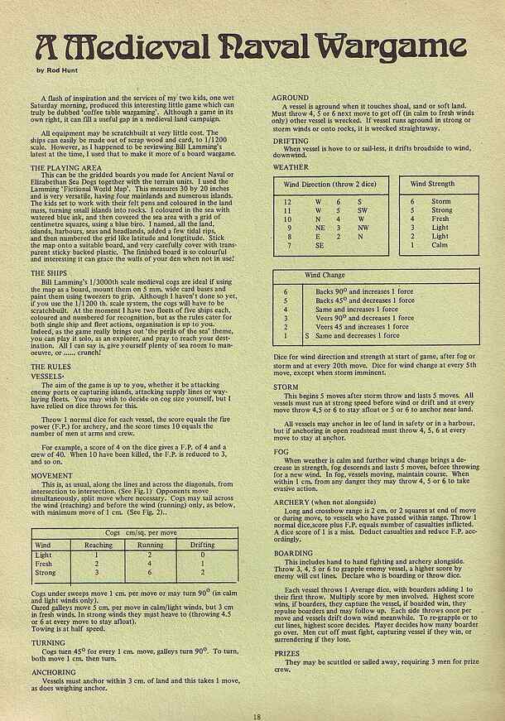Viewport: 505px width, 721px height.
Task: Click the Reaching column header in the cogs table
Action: [99, 546]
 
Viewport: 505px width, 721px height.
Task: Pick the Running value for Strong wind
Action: [151, 571]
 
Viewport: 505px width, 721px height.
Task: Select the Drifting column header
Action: [200, 546]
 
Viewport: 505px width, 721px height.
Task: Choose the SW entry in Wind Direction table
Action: [363, 211]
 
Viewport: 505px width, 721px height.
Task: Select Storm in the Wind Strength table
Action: [441, 201]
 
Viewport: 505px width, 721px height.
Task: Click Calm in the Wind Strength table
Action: [440, 245]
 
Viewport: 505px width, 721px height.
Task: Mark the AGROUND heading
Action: [291, 97]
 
